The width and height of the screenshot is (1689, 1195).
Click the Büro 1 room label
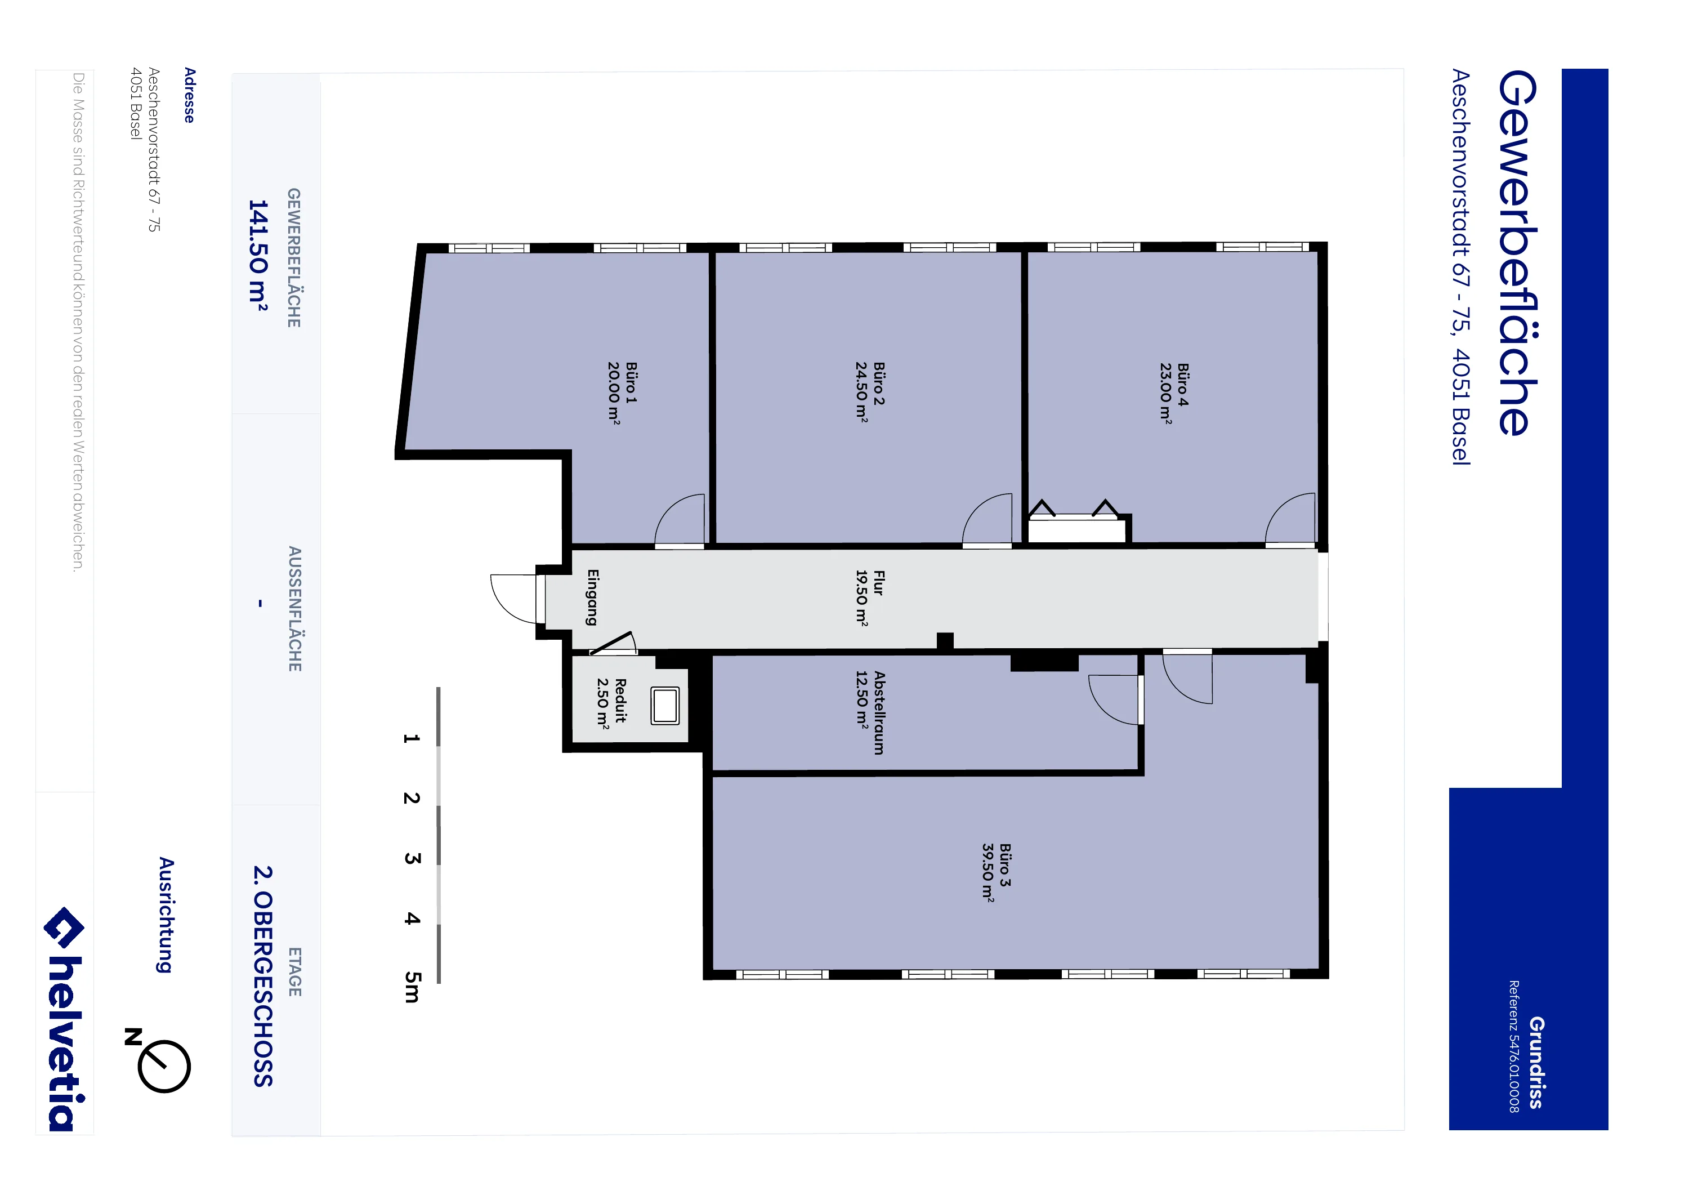pyautogui.click(x=631, y=382)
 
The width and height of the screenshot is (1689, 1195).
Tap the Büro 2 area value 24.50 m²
pyautogui.click(x=861, y=391)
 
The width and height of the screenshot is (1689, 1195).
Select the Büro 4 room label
pyautogui.click(x=1183, y=384)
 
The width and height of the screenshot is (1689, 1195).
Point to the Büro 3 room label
pyautogui.click(x=1005, y=864)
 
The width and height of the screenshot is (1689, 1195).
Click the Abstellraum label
pyautogui.click(x=879, y=712)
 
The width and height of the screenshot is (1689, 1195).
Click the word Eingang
pyautogui.click(x=592, y=597)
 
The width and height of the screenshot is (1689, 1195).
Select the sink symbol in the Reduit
pyautogui.click(x=665, y=705)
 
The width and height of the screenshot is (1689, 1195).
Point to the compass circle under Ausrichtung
pyautogui.click(x=164, y=1066)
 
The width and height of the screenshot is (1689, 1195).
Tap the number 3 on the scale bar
pyautogui.click(x=412, y=858)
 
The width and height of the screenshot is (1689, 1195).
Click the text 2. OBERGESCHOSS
pyautogui.click(x=262, y=976)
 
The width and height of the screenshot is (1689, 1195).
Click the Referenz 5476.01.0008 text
pyautogui.click(x=1514, y=1046)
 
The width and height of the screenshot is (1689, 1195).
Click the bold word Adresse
pyautogui.click(x=190, y=95)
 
